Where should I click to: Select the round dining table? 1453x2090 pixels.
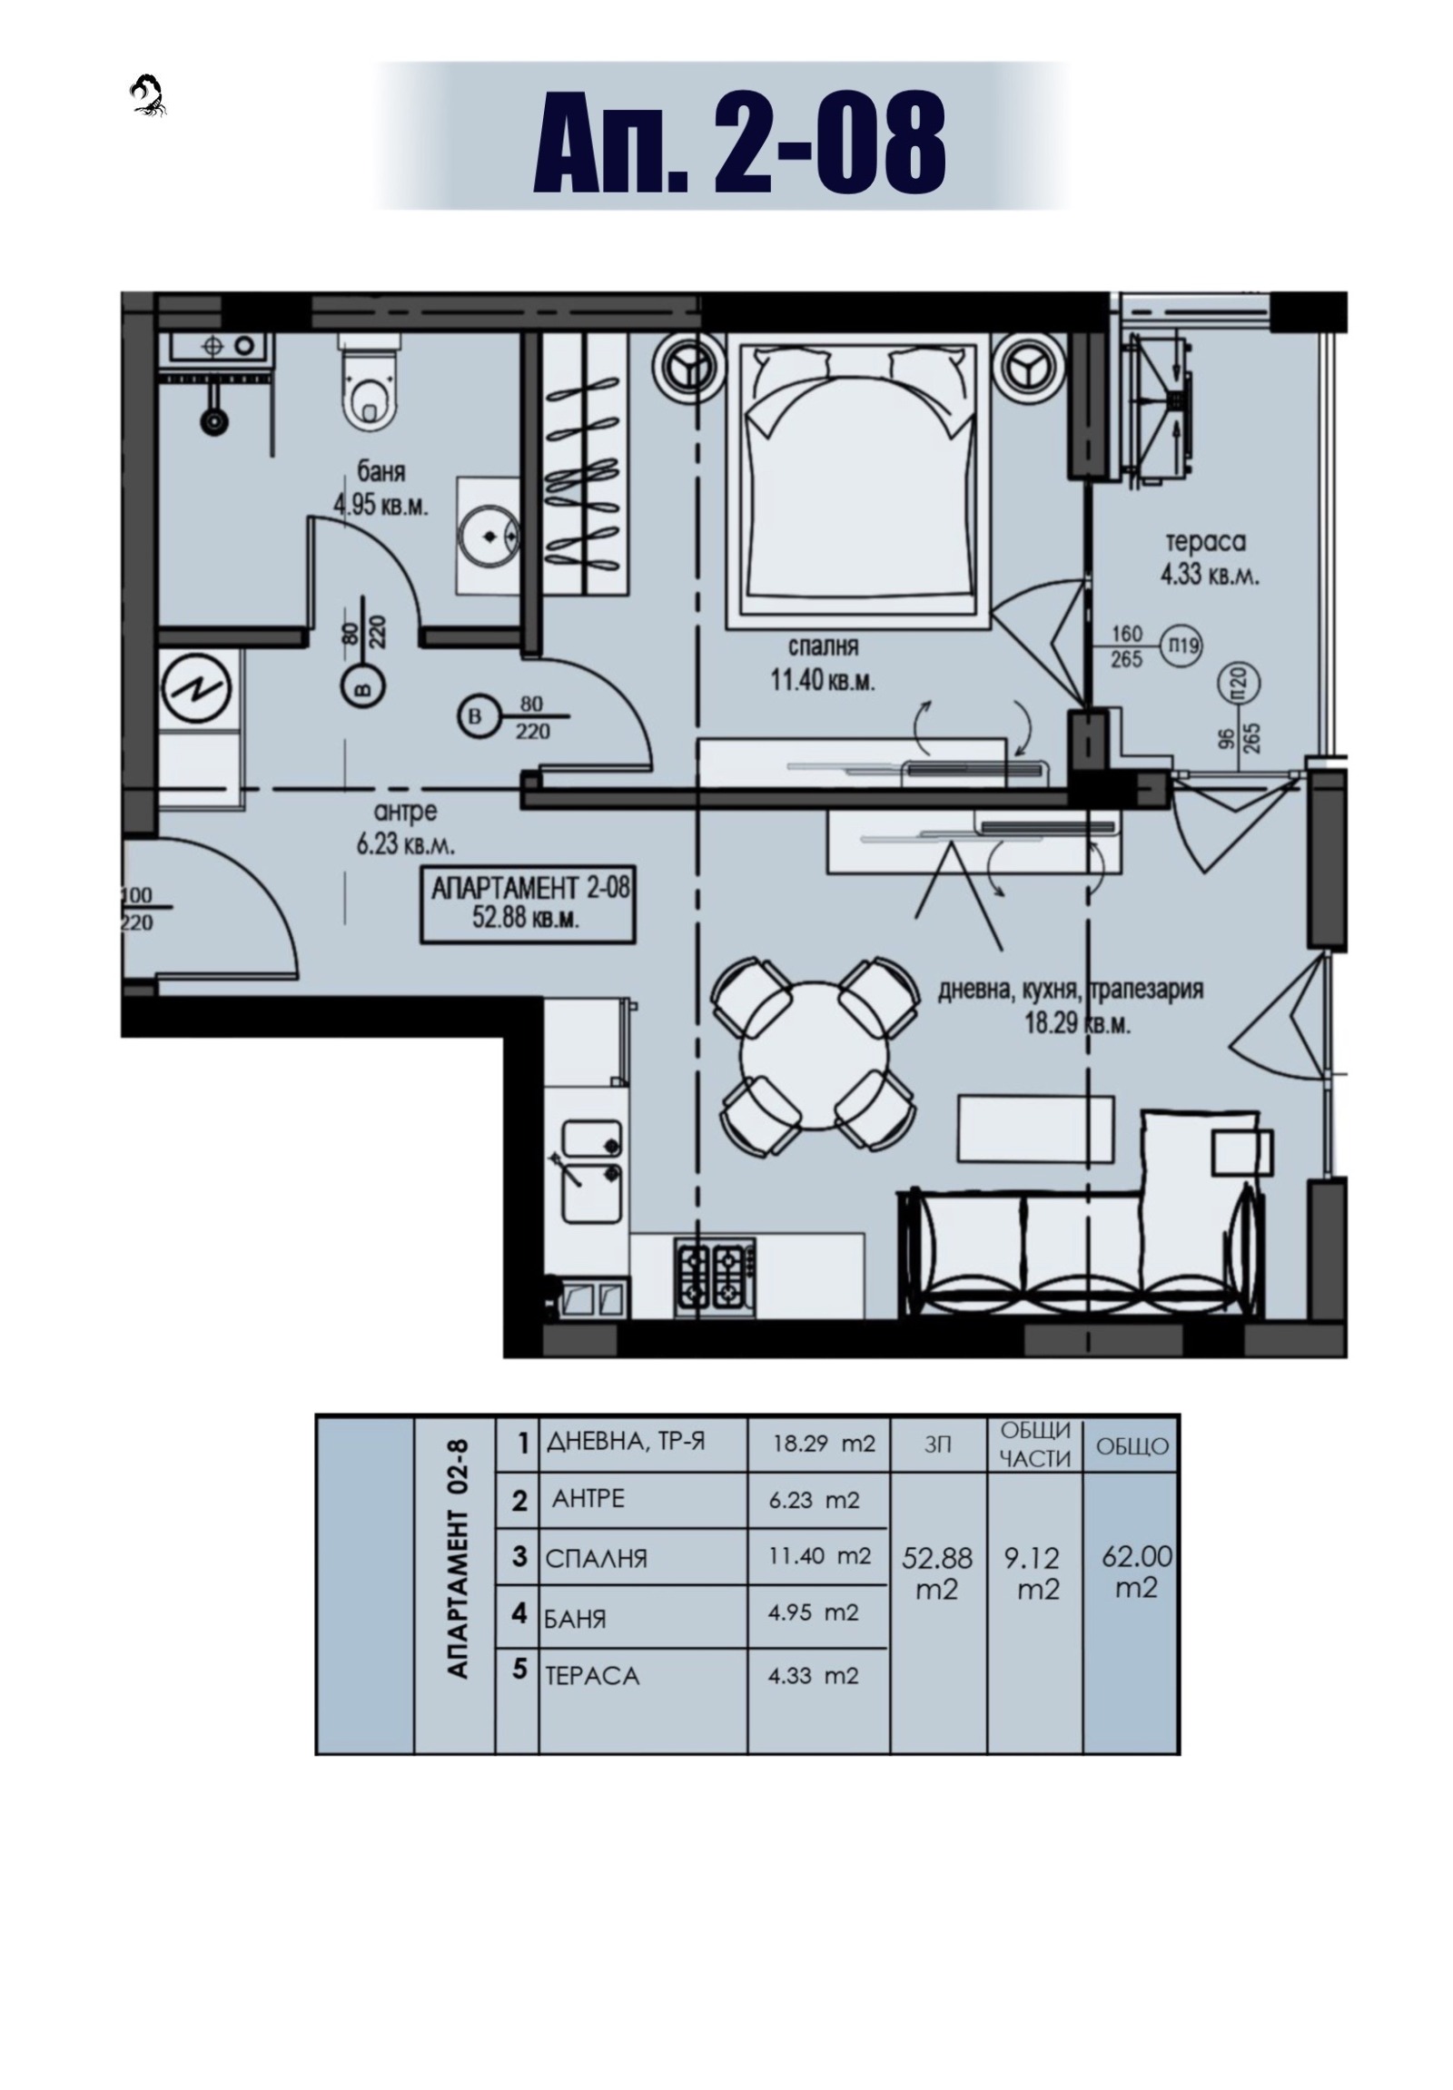click(814, 1055)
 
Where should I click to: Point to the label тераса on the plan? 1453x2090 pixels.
click(1205, 542)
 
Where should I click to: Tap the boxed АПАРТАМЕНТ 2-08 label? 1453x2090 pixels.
click(528, 905)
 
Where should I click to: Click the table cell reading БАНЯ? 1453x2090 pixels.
click(576, 1618)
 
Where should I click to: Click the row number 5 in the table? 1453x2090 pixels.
click(519, 1669)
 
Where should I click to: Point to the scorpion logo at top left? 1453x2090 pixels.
click(147, 95)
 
